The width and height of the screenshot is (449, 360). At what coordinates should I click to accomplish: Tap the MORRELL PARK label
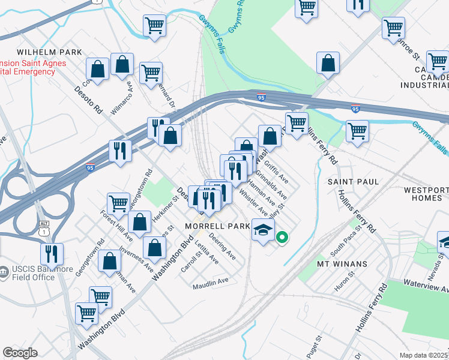click(x=217, y=226)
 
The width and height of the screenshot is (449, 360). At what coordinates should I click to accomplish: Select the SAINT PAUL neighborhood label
click(x=352, y=181)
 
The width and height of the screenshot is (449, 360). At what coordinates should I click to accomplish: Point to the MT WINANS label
click(x=342, y=263)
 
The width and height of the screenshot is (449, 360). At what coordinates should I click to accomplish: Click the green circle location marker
click(x=282, y=238)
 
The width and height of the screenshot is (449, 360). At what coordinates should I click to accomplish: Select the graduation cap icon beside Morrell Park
click(x=263, y=230)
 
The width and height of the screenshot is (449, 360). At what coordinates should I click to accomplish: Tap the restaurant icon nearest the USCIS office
click(x=52, y=253)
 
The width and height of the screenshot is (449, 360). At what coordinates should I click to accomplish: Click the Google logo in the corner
click(x=20, y=353)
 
